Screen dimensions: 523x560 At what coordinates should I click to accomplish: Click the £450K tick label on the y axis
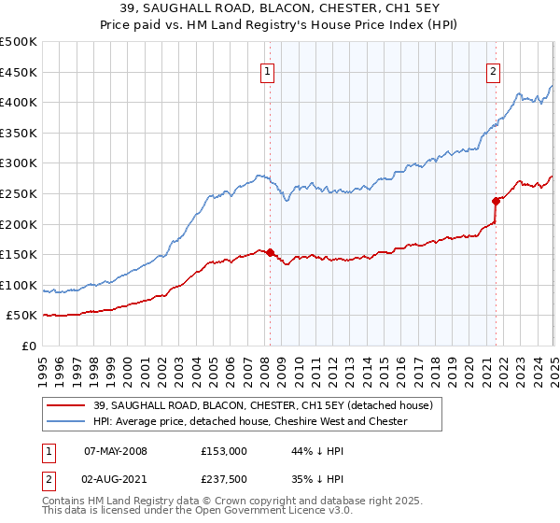point(20,72)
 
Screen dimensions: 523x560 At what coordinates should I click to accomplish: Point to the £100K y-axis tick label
point(20,286)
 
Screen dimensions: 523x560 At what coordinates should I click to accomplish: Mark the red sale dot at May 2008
point(270,252)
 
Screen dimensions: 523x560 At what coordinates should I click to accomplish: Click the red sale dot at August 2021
point(496,200)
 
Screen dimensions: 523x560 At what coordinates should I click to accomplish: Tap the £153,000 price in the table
point(223,450)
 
